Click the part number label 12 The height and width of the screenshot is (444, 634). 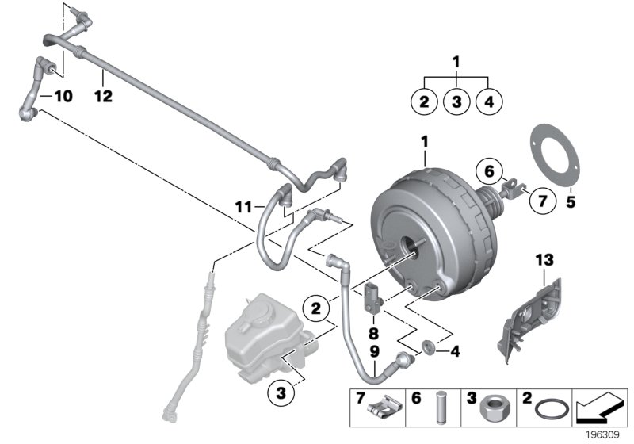103,97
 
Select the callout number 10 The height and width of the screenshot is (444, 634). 62,97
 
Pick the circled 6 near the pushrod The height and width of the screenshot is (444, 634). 488,170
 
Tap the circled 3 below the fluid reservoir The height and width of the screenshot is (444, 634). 280,391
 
